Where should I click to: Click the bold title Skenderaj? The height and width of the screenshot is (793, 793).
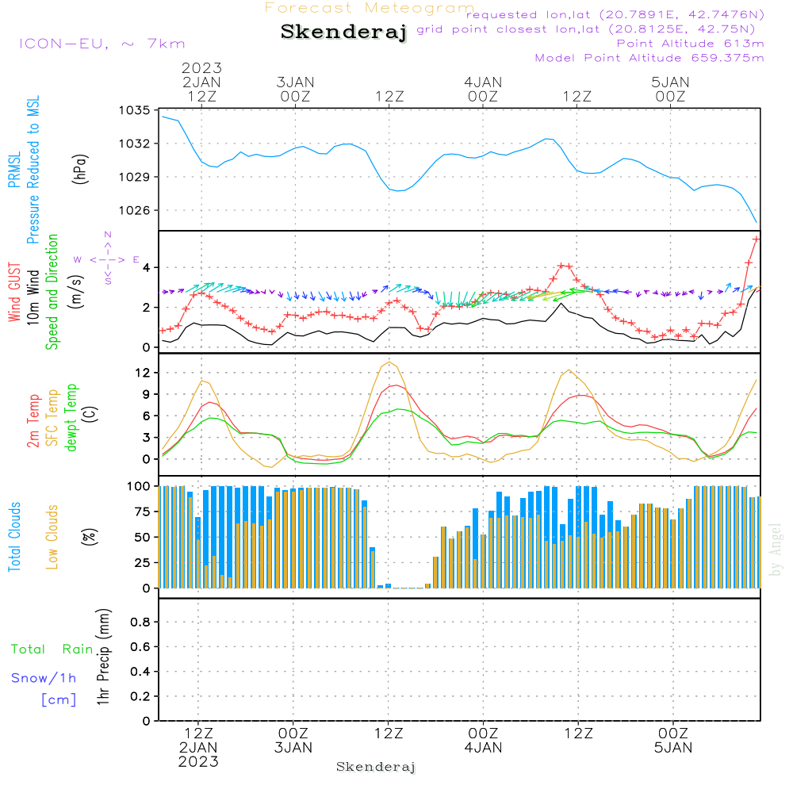point(343,33)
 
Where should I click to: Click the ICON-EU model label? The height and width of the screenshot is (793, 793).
point(101,44)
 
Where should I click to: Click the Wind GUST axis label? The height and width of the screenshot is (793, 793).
point(14,292)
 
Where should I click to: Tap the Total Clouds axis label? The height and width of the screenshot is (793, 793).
point(14,537)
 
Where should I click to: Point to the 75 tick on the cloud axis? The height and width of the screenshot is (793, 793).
point(141,511)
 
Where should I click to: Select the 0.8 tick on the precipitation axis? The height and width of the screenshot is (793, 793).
point(140,622)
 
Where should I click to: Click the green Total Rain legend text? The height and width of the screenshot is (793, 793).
point(52,649)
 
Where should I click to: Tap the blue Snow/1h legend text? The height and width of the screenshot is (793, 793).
point(44,678)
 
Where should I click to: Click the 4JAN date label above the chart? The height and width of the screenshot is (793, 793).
point(482,82)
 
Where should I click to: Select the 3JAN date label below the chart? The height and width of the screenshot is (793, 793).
point(293,748)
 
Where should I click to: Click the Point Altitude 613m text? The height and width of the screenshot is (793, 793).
point(690,44)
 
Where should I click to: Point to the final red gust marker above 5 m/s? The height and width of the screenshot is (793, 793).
point(756,239)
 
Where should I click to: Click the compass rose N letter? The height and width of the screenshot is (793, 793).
point(108,235)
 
